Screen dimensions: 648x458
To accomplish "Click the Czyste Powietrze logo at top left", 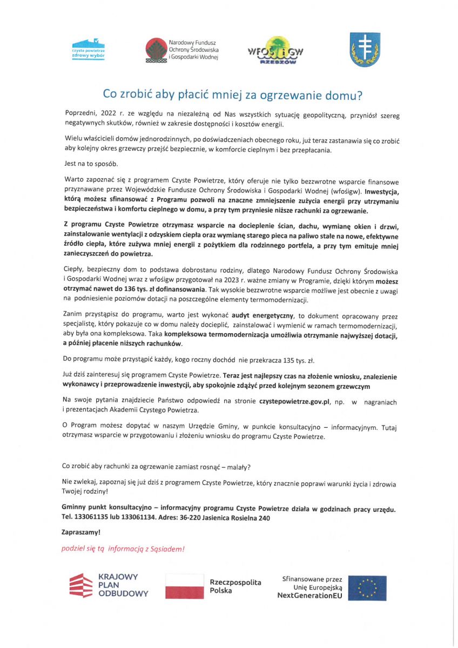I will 88,49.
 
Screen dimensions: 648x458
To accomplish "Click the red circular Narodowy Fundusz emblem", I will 156,50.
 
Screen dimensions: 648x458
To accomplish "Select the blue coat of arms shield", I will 365,50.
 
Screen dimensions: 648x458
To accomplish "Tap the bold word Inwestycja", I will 381,192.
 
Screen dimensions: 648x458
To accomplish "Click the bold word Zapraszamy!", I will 81,532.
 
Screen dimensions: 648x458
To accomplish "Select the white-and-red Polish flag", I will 184,586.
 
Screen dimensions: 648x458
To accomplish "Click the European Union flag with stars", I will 367,588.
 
